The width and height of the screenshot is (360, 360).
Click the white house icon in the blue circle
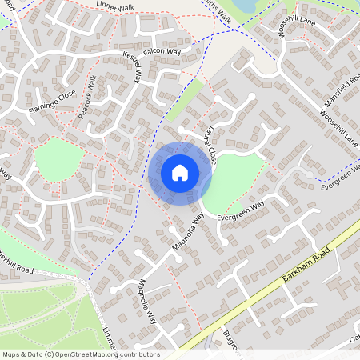point(180,172)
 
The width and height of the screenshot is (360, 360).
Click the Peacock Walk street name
point(87,96)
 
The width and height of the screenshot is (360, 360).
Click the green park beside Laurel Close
point(238,180)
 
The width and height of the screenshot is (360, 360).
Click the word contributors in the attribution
point(139,354)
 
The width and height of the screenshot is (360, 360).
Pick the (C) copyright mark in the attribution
point(49,354)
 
